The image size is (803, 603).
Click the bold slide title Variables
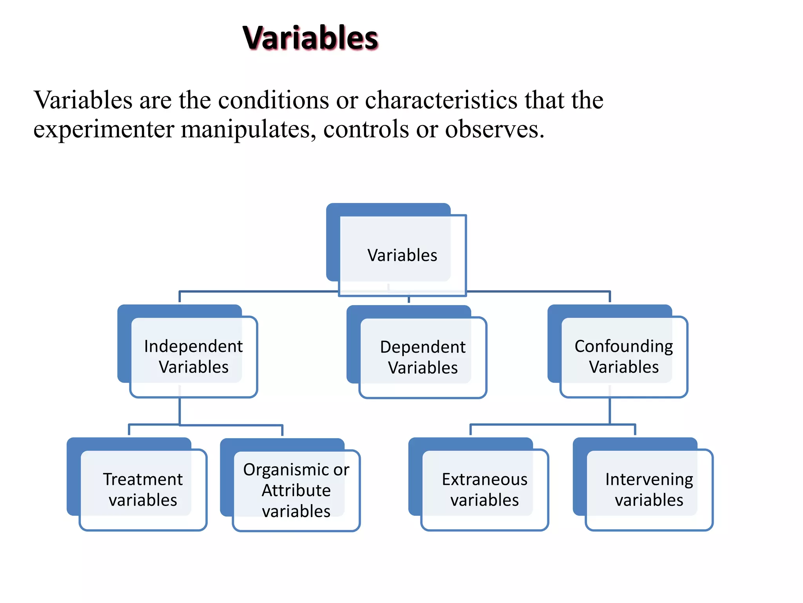(x=310, y=38)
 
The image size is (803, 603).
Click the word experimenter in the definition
(x=104, y=129)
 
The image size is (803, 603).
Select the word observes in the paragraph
(x=494, y=129)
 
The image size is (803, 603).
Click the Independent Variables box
(x=193, y=356)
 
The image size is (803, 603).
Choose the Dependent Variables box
(x=422, y=357)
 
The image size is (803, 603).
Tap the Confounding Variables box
(x=623, y=356)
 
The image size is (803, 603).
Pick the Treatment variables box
(x=143, y=490)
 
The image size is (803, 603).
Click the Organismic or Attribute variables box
(x=296, y=490)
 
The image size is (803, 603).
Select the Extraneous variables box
(x=484, y=490)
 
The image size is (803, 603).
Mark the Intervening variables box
(x=649, y=490)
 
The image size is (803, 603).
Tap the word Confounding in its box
(x=623, y=346)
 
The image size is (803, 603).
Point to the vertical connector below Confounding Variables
(x=610, y=411)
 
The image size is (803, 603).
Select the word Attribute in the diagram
(x=296, y=490)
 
